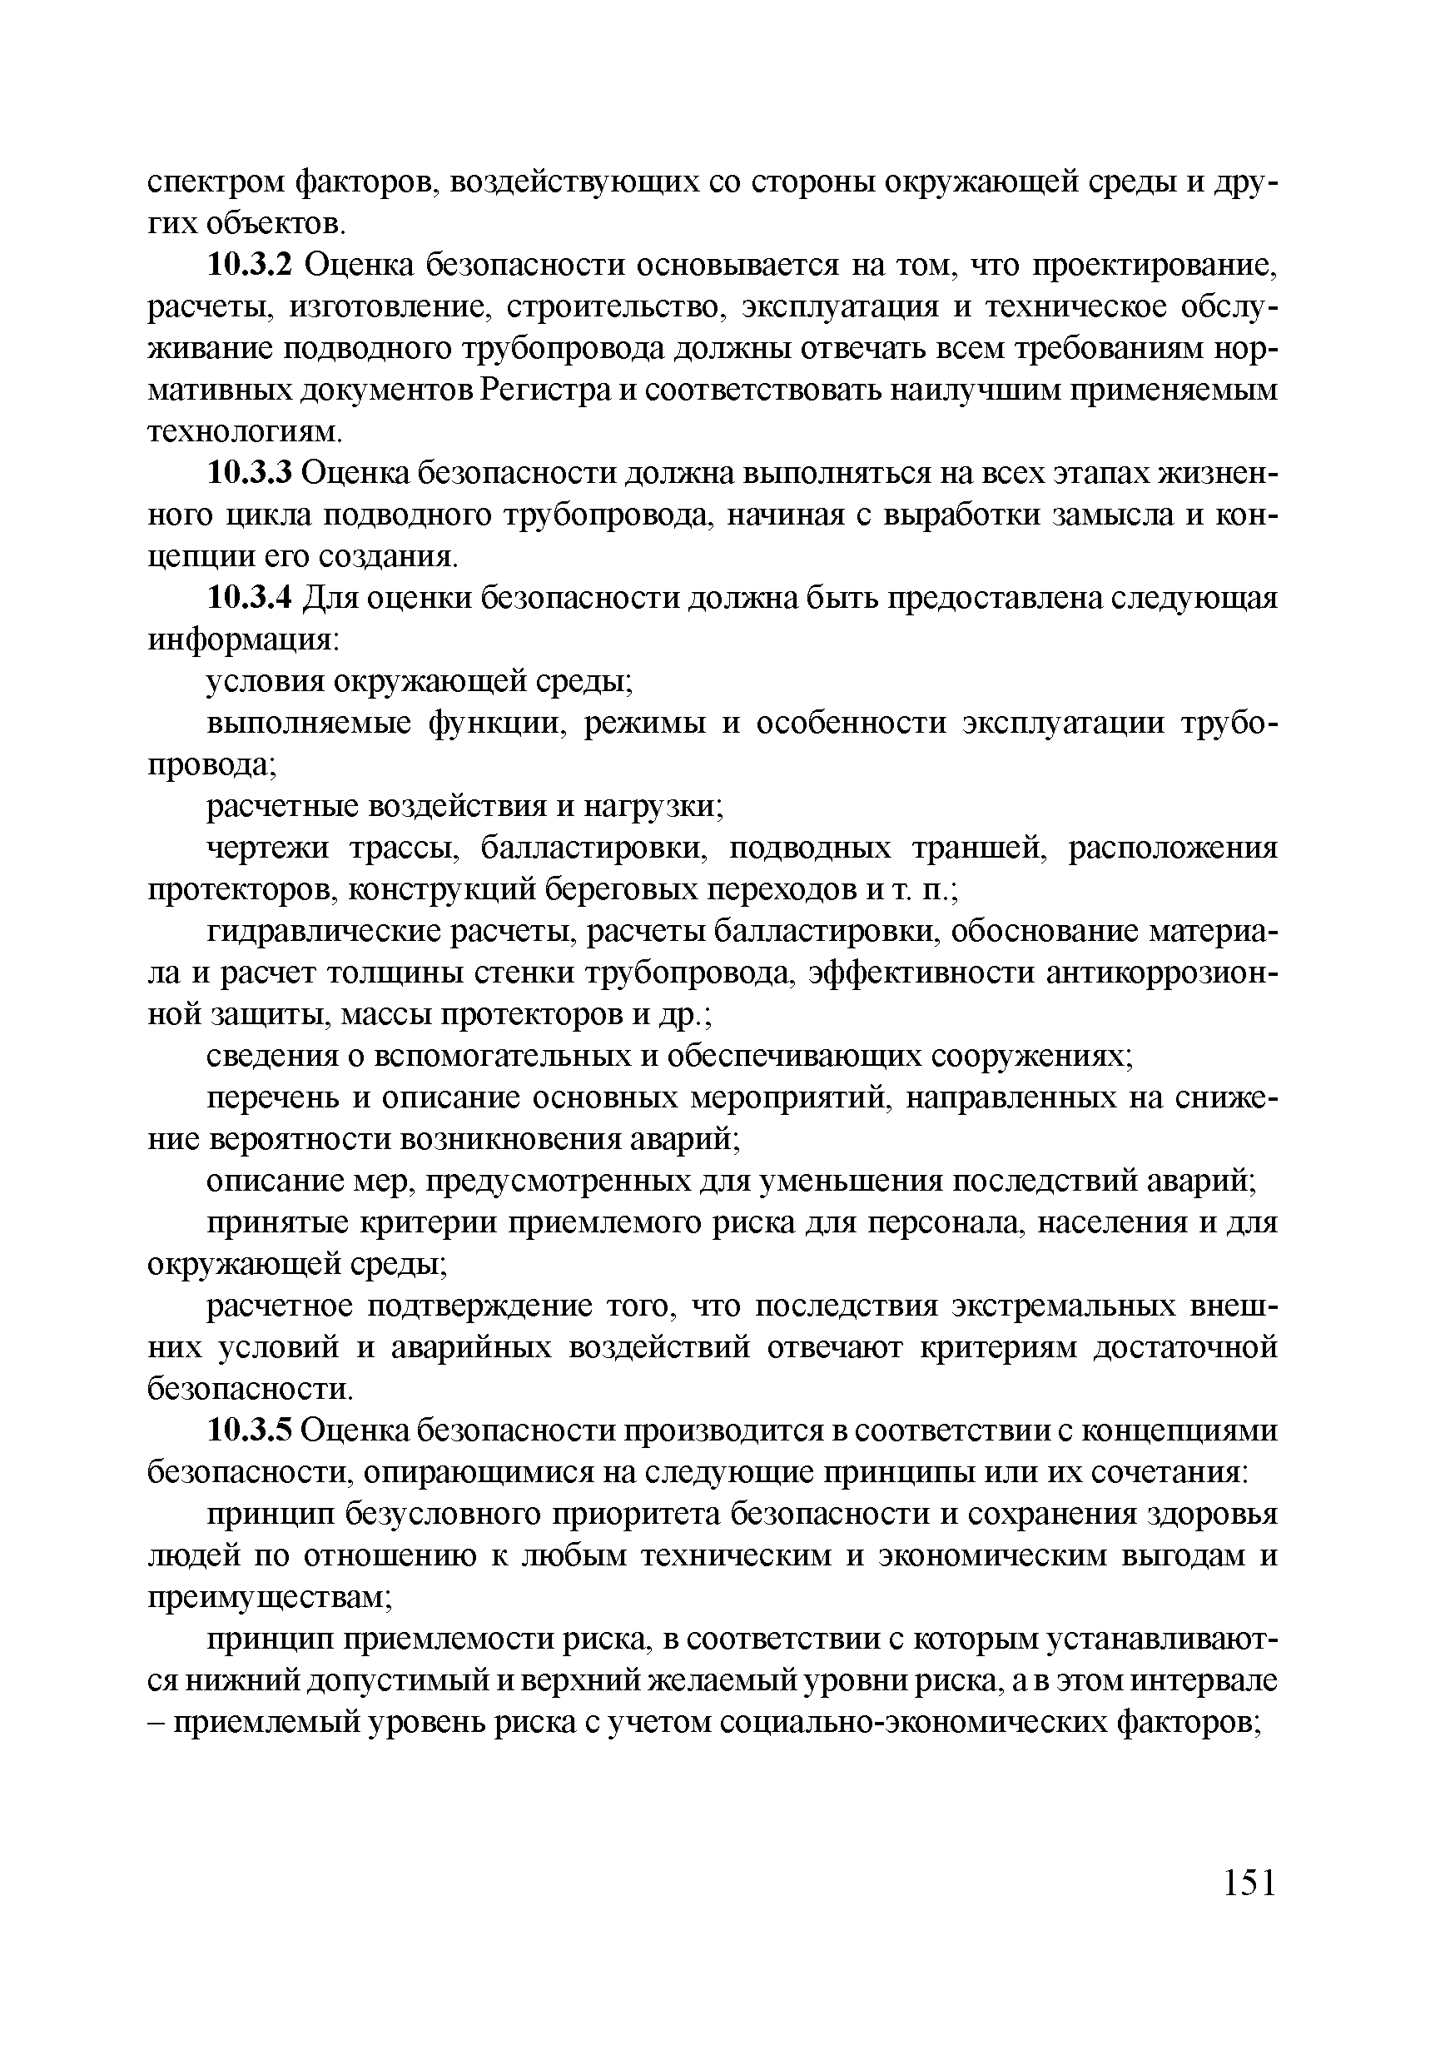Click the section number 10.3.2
click(x=250, y=266)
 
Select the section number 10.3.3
click(x=250, y=473)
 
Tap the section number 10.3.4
click(x=250, y=598)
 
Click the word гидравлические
click(x=322, y=932)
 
